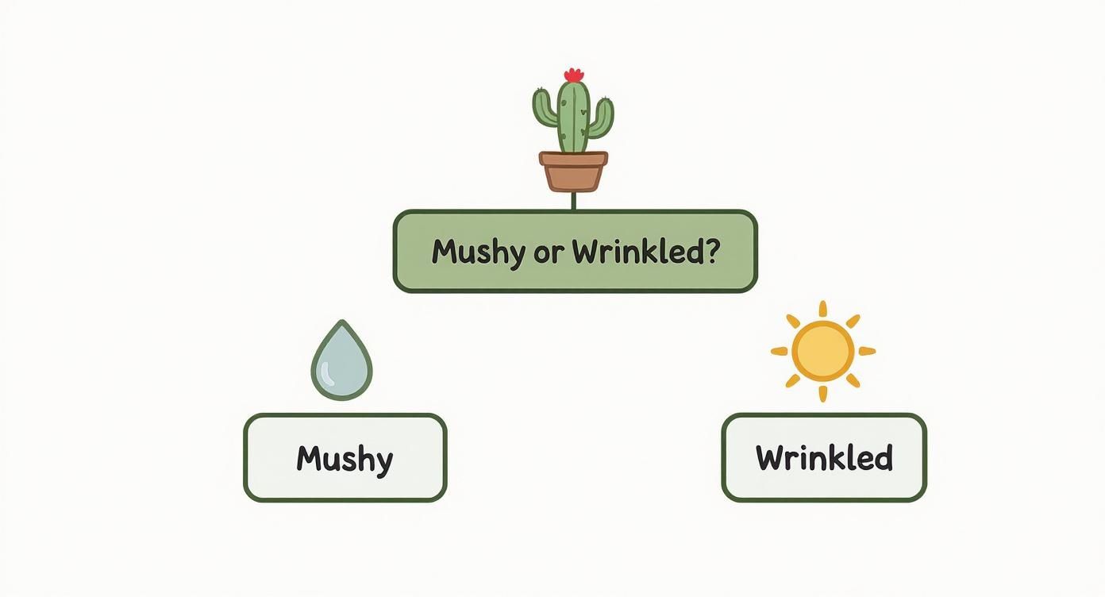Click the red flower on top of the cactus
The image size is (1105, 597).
[573, 75]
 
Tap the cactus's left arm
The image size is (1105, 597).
[544, 110]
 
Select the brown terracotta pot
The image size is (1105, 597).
[573, 175]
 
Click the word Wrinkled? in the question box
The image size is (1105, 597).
[645, 252]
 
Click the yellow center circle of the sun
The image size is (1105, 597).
[823, 351]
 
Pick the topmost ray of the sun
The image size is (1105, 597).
[823, 309]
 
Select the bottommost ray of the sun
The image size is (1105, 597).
[823, 393]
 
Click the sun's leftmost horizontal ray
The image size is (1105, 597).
[780, 351]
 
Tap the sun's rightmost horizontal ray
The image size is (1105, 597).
[867, 351]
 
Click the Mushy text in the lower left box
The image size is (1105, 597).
[345, 459]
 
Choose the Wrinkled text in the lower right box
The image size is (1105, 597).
[824, 458]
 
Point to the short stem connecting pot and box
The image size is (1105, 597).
[573, 201]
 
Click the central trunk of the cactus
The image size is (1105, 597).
[573, 119]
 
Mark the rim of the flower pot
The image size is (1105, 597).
[573, 158]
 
